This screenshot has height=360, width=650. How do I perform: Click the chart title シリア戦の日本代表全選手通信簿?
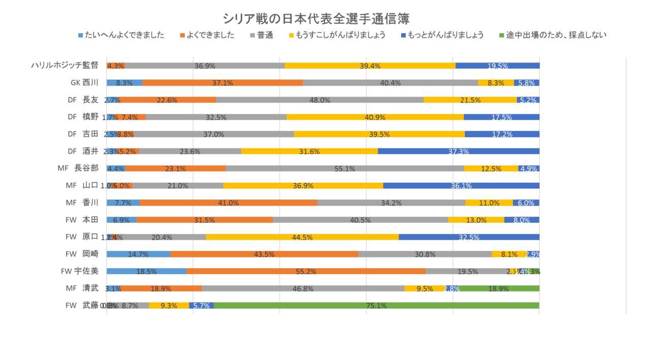[x=316, y=19]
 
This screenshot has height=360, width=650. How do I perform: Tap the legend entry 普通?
[x=265, y=36]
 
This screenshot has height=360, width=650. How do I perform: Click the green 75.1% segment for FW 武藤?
[x=376, y=306]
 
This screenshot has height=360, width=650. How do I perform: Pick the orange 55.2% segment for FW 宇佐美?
[x=306, y=271]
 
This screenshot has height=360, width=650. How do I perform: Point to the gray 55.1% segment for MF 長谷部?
[x=345, y=169]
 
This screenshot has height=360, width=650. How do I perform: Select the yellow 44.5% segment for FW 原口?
[x=302, y=237]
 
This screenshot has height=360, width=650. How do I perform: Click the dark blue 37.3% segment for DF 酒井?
[x=459, y=151]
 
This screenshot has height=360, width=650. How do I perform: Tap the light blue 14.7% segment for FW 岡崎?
[x=138, y=254]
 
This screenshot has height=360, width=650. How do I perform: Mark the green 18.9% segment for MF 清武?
[x=498, y=288]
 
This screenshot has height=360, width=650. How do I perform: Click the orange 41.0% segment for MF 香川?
[x=229, y=203]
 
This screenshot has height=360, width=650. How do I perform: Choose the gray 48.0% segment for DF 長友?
[x=319, y=100]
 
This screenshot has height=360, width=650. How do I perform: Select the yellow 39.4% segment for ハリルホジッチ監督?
[x=370, y=66]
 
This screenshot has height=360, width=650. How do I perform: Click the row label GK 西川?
[x=84, y=83]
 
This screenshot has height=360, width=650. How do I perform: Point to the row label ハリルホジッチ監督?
[x=64, y=66]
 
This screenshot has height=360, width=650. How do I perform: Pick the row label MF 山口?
[x=82, y=185]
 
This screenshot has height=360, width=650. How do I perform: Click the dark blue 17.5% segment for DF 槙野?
[x=501, y=117]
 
